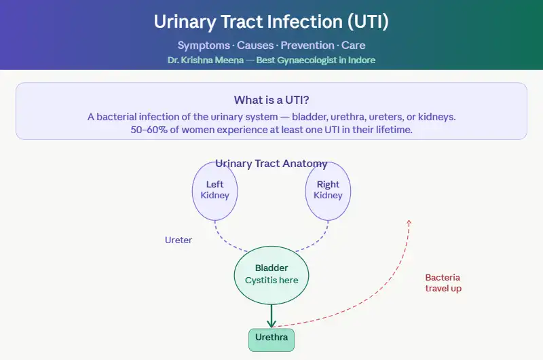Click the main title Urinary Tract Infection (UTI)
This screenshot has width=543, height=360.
tap(271, 22)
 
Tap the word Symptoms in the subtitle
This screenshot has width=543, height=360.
tap(201, 46)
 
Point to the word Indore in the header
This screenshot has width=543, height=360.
tap(360, 60)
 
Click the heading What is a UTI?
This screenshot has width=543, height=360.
tap(271, 99)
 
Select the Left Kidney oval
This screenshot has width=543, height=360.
tap(214, 190)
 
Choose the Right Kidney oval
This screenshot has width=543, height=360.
tap(328, 190)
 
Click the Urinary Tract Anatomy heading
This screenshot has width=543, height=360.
tap(271, 164)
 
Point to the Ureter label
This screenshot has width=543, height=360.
tap(179, 240)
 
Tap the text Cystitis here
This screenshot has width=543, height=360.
tap(271, 280)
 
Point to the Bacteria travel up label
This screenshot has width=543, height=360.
tap(443, 283)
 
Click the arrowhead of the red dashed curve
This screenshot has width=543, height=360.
tap(409, 222)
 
